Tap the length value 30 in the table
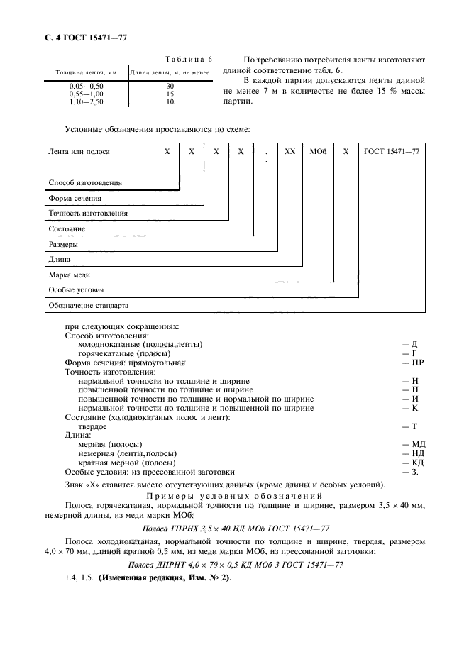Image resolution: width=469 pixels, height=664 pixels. (x=170, y=86)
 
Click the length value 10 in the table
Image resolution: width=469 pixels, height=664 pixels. (x=170, y=101)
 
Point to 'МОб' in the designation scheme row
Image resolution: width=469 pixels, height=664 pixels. (x=317, y=152)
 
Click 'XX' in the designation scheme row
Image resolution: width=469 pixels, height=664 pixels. (x=289, y=152)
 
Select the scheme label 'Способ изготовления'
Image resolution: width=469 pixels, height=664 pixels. (x=85, y=182)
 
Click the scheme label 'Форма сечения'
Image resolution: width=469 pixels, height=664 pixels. (x=75, y=198)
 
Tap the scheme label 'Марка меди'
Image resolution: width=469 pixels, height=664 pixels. (x=70, y=275)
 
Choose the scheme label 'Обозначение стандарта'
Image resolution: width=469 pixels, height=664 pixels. (x=88, y=306)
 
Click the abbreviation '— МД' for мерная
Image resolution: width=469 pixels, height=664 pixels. (x=412, y=444)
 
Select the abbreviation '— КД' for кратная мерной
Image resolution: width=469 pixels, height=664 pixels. (x=412, y=462)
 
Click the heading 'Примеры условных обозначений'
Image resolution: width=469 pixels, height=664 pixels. (x=234, y=495)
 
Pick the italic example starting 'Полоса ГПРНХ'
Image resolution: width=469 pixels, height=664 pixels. (x=234, y=528)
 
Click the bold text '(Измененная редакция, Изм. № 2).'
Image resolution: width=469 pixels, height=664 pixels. (x=164, y=577)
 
